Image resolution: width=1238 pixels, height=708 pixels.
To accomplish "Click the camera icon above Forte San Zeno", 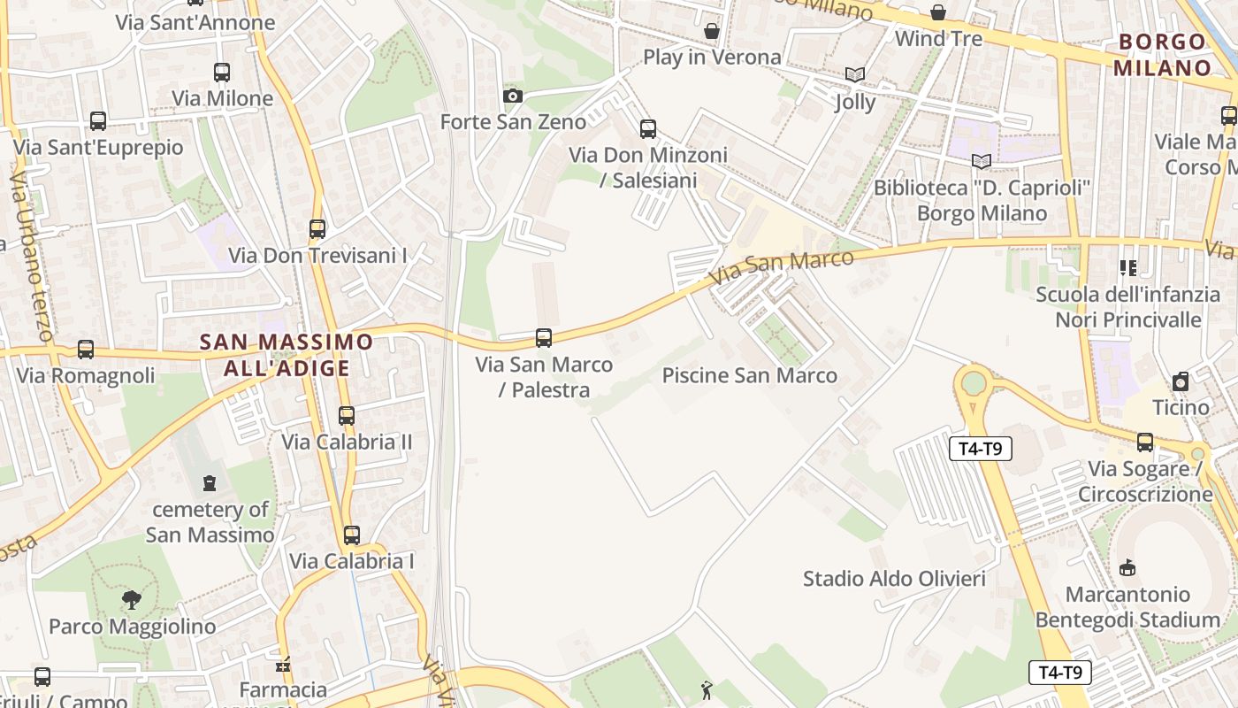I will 512,96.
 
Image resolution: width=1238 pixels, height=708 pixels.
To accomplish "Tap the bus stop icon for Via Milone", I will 222,73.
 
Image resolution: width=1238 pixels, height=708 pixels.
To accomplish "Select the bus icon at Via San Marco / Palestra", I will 544,338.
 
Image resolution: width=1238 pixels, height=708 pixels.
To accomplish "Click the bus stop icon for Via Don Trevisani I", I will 317,229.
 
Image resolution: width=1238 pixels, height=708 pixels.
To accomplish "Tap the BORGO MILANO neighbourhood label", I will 1162,55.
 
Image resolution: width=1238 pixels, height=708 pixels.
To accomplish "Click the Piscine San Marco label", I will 749,375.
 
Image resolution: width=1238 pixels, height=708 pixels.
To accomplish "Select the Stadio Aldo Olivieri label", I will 894,579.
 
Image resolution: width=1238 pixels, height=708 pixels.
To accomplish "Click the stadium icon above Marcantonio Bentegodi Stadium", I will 1127,568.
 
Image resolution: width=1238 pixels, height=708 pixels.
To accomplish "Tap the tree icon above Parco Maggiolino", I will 132,600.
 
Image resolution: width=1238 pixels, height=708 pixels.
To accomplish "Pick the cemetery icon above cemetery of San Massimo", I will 210,483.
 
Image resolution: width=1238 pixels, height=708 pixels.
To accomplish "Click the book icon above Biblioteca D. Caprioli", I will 982,161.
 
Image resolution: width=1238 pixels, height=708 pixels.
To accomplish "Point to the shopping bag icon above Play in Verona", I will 712,32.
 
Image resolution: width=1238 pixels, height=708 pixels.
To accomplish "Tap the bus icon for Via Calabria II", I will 347,415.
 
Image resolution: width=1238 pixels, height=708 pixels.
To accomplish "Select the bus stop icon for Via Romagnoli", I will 86,350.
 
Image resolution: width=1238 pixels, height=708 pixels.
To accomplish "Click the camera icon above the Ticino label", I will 1181,381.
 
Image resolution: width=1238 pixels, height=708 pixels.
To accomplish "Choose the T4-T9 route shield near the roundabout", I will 980,449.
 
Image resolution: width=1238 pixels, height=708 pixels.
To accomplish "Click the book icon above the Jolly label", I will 854,75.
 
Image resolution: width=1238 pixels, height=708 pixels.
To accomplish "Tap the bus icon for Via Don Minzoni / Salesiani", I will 648,129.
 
